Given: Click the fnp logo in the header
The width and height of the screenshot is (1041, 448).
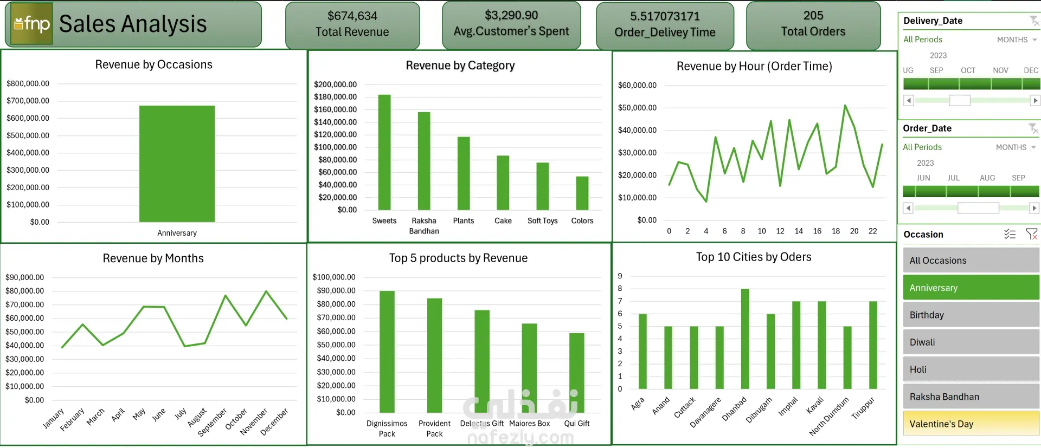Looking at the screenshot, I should click(32, 24).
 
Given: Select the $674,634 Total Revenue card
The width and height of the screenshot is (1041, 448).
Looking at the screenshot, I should click(352, 24).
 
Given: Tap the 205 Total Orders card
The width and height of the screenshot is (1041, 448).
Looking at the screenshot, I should click(813, 24).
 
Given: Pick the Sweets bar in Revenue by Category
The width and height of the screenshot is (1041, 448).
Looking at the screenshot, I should click(384, 152).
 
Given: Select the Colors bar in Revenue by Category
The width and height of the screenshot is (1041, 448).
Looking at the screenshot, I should click(582, 193).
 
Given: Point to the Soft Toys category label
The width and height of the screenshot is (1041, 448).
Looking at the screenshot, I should click(542, 221).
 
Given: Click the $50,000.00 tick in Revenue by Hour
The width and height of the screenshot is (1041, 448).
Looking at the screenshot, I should click(637, 108).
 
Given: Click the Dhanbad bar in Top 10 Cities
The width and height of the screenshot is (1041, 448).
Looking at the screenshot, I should click(745, 339).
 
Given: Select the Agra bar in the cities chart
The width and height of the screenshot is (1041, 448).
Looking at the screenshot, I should click(642, 351).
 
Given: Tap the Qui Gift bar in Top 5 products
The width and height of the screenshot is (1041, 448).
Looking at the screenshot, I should click(576, 373).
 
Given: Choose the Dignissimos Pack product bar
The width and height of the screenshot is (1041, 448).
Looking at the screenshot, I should click(387, 352).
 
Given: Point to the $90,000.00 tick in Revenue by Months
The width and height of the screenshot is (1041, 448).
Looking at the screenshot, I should click(24, 277).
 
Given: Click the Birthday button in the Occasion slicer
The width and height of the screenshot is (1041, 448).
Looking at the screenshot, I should click(971, 315).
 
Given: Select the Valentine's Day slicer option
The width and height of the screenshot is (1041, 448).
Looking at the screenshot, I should click(971, 424).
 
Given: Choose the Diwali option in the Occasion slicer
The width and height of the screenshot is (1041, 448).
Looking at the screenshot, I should click(971, 342).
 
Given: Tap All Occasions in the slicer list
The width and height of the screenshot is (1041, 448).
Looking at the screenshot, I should click(971, 261).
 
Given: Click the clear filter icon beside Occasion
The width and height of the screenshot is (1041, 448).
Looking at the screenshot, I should click(1031, 234).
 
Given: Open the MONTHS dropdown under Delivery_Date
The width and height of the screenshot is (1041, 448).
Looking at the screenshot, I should click(1017, 40).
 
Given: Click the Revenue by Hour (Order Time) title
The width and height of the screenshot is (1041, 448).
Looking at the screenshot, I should click(754, 66).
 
